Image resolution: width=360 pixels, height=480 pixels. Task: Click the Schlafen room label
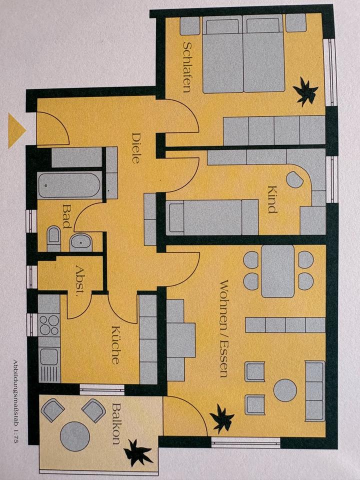click(187, 67)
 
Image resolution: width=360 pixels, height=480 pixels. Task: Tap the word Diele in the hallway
click(136, 148)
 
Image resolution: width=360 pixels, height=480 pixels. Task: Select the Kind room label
click(272, 199)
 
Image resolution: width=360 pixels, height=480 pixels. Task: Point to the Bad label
click(66, 216)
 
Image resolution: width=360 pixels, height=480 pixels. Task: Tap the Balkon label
click(116, 424)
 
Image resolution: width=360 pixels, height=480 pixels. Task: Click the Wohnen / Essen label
click(224, 328)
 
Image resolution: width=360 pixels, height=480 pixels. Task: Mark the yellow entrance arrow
click(16, 130)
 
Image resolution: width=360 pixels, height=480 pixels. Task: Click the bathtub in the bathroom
click(69, 185)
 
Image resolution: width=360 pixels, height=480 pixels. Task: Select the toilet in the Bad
click(54, 238)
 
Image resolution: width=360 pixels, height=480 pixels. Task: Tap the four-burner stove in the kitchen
click(49, 325)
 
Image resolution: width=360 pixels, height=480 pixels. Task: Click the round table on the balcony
click(75, 436)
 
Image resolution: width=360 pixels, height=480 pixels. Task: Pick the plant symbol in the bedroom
click(305, 91)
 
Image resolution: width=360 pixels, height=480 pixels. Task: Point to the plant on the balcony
click(138, 453)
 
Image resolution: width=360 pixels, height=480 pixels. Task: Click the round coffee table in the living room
click(285, 390)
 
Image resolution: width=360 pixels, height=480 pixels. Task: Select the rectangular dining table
click(278, 271)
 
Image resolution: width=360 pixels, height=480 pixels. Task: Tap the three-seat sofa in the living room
click(315, 391)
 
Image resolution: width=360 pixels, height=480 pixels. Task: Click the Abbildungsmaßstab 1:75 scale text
click(15, 401)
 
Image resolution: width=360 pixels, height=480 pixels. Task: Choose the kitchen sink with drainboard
click(49, 365)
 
